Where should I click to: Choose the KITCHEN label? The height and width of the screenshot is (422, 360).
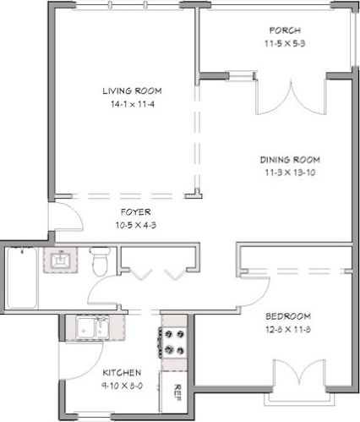click(x=122, y=372)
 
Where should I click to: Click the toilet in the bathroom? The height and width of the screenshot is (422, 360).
click(x=101, y=261)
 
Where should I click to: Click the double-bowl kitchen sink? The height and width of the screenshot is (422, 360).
click(x=87, y=326)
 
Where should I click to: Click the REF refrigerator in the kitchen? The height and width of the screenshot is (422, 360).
click(x=177, y=390)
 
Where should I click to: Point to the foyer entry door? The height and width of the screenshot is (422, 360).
click(x=67, y=218)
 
